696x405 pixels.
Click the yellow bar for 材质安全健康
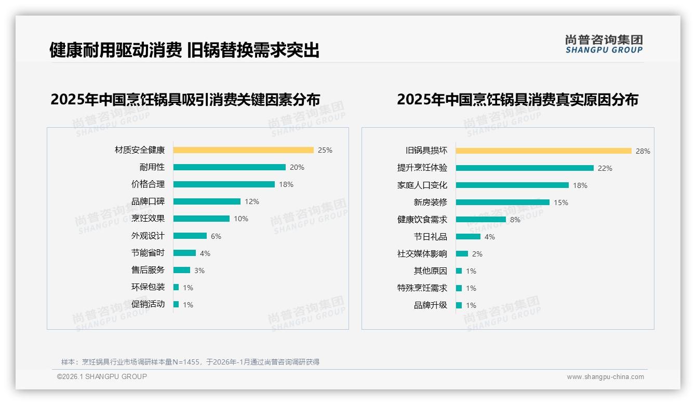[x=243, y=150]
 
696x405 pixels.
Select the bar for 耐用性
[x=229, y=167]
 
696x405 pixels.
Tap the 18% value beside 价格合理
[x=286, y=184]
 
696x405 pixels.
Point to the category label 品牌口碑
[x=148, y=201]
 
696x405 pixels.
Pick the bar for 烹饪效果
[x=201, y=219]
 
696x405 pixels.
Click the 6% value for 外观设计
[x=216, y=236]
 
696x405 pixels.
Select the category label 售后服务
[x=148, y=270]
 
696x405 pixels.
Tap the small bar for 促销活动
[x=176, y=304]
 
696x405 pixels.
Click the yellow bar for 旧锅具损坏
[x=543, y=151]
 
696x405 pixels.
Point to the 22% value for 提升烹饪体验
[x=605, y=168]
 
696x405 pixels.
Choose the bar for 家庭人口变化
[x=512, y=185]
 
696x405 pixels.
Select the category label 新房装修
[x=430, y=203]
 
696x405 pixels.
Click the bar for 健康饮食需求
[x=480, y=219]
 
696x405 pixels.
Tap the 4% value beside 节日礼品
[x=490, y=237]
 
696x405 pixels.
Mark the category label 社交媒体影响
[x=422, y=254]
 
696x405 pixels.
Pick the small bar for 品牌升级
[x=459, y=305]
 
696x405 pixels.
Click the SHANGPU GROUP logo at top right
[x=604, y=44]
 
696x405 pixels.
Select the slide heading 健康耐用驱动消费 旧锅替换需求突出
[x=184, y=50]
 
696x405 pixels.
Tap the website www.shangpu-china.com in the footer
[x=605, y=377]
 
